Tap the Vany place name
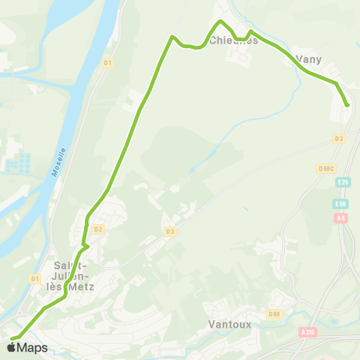point(309,58)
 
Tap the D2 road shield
point(98,229)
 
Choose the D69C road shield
point(325,168)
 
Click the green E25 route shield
point(343,182)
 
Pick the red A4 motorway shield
point(342,218)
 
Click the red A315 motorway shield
point(306,331)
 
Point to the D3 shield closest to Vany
point(339,139)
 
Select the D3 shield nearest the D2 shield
point(170,232)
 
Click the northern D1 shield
point(107,63)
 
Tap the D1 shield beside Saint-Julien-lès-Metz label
point(34,279)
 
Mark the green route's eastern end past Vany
point(348,105)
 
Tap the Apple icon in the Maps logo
point(10,347)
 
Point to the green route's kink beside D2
point(87,244)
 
